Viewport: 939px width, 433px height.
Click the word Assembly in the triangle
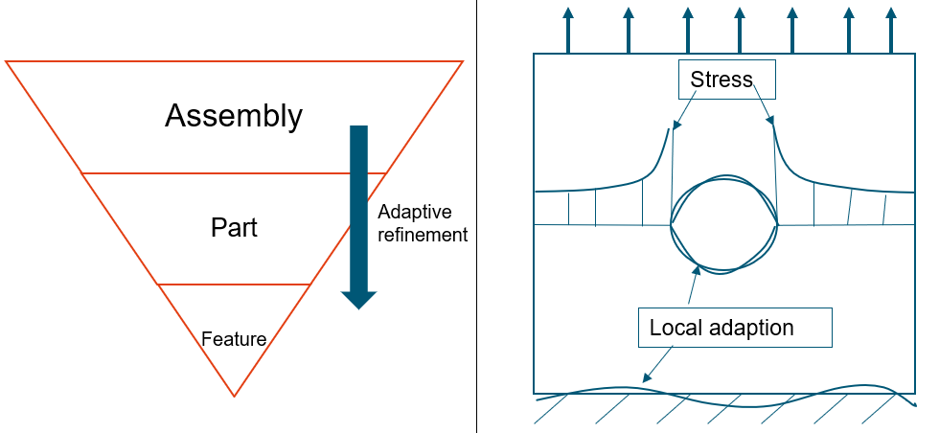(x=234, y=116)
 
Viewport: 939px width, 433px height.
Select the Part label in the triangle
(x=234, y=228)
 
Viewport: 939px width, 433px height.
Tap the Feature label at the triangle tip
(x=234, y=338)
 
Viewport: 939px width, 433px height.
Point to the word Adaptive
(x=414, y=212)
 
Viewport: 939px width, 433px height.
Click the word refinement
(x=423, y=234)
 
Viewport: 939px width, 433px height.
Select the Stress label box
(x=721, y=80)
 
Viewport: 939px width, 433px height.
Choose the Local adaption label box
(x=721, y=328)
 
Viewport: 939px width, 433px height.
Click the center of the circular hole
(x=723, y=224)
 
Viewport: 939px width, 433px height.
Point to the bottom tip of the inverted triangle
(x=234, y=396)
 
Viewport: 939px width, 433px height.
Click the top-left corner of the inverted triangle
(x=7, y=62)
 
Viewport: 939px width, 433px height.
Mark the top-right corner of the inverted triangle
(x=462, y=62)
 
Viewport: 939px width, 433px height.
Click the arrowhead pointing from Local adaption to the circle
(x=695, y=270)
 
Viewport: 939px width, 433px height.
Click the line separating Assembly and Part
(x=234, y=173)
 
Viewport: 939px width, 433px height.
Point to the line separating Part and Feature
(x=234, y=285)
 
